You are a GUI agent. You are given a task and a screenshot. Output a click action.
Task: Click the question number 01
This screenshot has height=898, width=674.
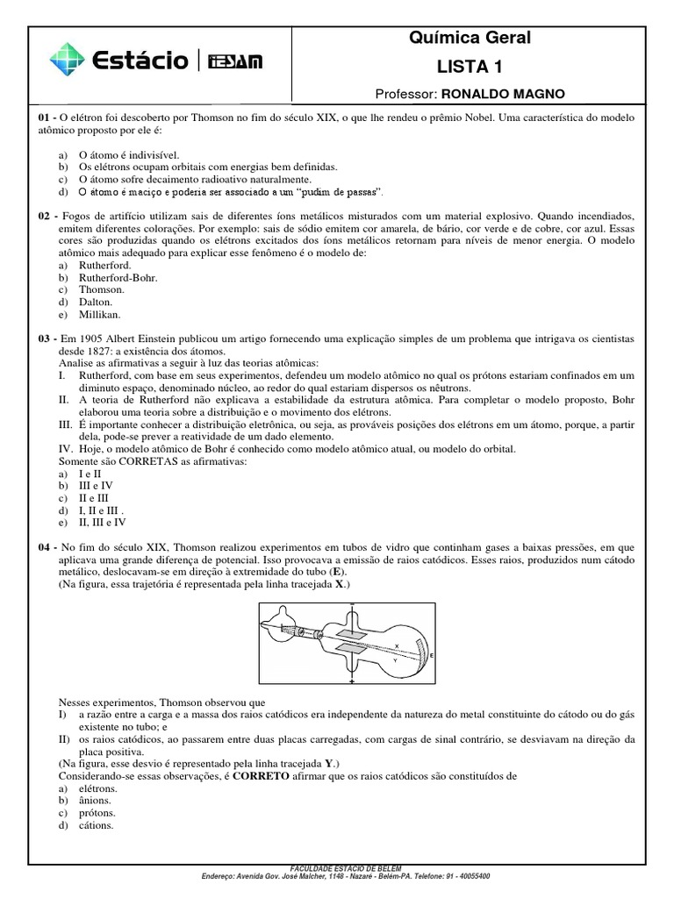click(45, 117)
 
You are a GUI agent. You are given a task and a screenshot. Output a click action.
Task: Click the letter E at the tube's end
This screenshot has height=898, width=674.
click(432, 655)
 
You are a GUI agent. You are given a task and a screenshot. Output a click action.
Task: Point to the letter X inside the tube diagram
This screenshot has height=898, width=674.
click(397, 645)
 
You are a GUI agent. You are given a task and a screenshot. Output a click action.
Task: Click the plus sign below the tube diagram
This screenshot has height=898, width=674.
click(352, 681)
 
